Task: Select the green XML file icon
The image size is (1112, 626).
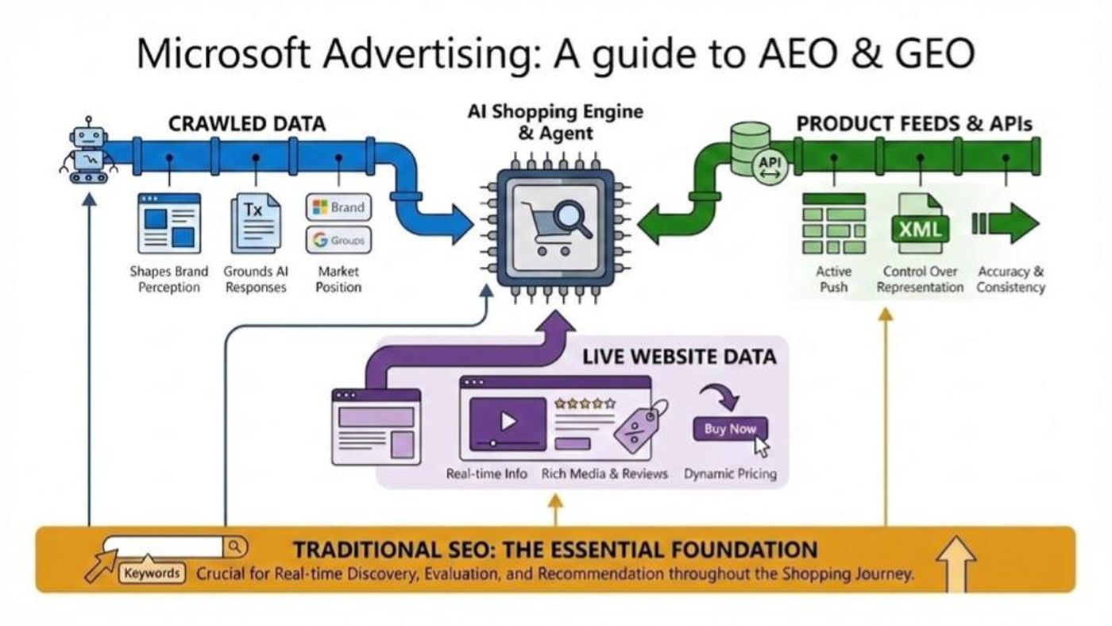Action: pos(920,225)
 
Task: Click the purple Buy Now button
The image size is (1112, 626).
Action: pos(730,429)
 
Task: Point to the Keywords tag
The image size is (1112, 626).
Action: pos(152,574)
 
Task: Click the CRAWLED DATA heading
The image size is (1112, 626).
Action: pos(247,124)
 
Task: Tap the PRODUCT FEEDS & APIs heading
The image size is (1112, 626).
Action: pos(914,124)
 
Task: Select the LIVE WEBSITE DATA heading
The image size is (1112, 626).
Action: pos(679,357)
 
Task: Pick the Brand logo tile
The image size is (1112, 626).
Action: pos(338,207)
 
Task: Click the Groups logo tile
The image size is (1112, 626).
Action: pos(338,240)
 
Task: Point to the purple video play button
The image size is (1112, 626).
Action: pos(508,422)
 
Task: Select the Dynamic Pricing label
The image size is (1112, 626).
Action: pos(730,474)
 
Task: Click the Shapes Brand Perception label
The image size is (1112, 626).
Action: pos(168,279)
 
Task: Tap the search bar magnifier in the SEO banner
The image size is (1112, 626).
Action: pos(235,547)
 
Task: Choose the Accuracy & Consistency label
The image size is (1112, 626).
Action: pos(1010,279)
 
